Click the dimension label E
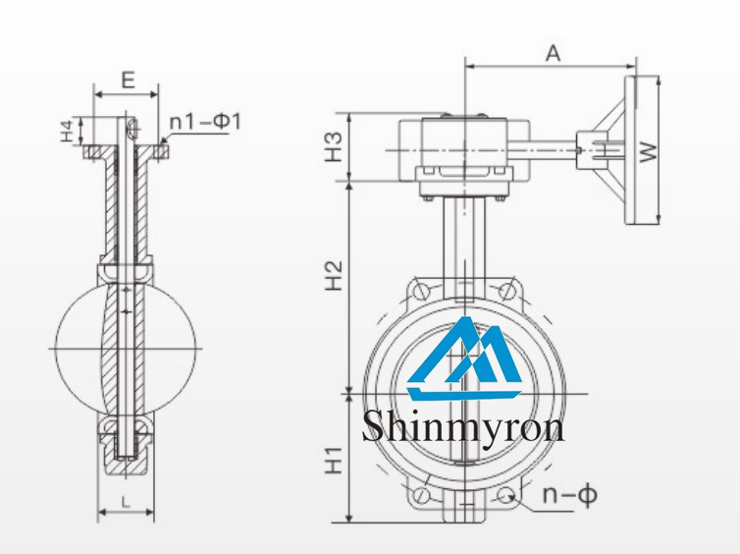[x=126, y=81]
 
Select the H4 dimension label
[x=66, y=130]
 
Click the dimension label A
[x=552, y=54]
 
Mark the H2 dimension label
[x=335, y=276]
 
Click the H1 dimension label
[x=335, y=459]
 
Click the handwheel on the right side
[x=645, y=150]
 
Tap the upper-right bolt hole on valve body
[x=507, y=292]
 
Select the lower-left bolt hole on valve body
[x=422, y=496]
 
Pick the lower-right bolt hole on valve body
[x=507, y=496]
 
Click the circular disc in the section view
[x=125, y=348]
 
